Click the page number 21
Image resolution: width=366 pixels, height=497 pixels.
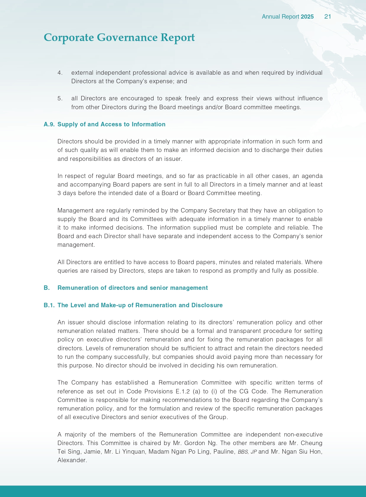327,17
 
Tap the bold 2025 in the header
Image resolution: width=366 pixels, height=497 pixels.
307,17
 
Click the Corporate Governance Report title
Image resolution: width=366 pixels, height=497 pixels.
119,37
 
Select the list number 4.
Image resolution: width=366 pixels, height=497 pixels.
60,73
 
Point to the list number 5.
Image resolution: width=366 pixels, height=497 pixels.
60,98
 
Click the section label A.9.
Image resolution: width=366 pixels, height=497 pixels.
49,124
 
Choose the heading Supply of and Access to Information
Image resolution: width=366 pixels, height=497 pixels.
111,124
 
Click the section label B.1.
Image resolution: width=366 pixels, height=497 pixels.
49,305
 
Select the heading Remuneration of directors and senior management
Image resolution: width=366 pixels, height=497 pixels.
132,288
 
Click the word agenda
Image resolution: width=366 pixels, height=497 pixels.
313,176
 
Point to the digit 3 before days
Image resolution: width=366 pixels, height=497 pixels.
59,193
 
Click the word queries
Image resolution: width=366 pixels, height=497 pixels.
68,271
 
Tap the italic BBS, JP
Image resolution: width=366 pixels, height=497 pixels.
247,452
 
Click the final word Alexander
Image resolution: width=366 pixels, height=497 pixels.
72,460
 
